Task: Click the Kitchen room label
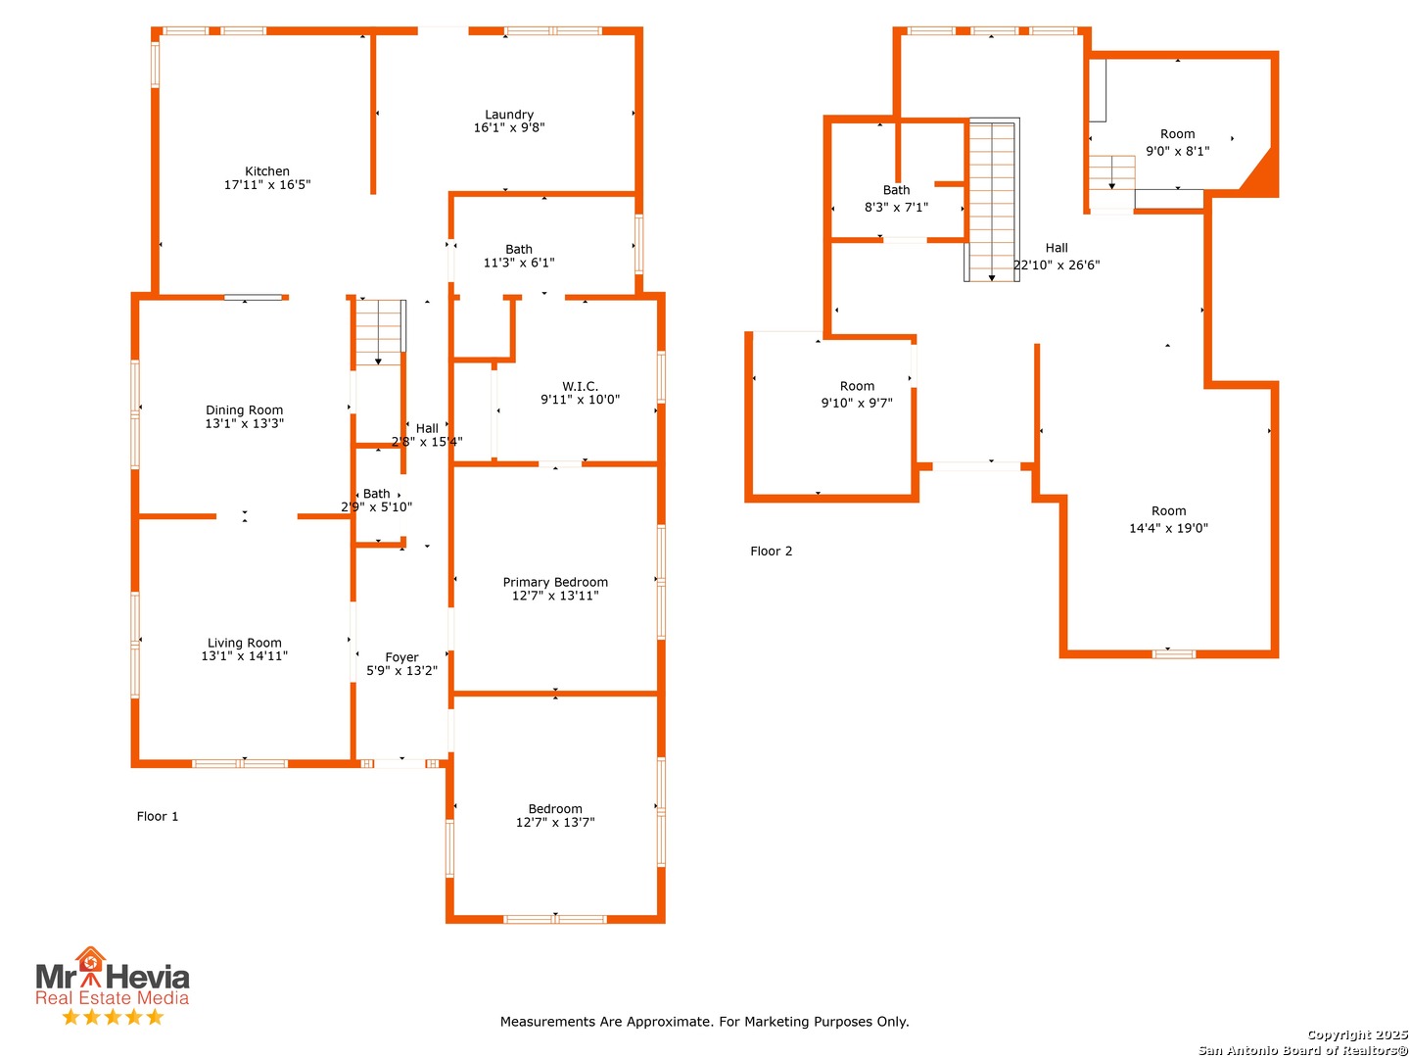pos(266,170)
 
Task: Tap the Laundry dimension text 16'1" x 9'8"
pos(509,127)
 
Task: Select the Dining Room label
pos(244,409)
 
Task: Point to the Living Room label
pos(244,642)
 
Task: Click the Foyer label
pos(401,656)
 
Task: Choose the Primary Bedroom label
pos(555,581)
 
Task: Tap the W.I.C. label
pos(580,385)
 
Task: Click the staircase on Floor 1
pos(380,331)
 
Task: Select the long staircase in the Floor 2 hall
pos(991,200)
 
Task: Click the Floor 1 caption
pos(157,816)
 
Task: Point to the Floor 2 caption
pos(771,551)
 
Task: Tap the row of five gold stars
pos(113,1016)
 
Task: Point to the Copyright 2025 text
pos(1356,1034)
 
